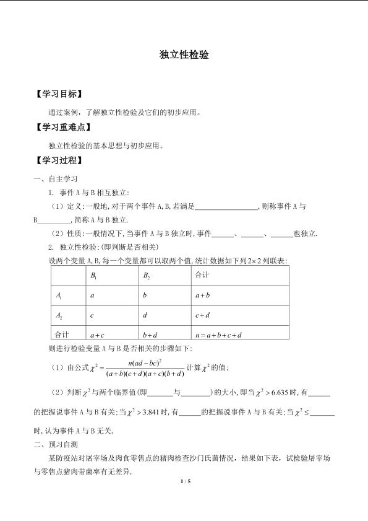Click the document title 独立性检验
184,55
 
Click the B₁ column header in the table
94,275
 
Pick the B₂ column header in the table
147,275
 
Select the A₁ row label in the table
59,296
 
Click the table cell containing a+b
203,296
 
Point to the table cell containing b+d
150,335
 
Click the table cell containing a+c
97,335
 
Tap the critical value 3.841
155,411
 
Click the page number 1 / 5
184,481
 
